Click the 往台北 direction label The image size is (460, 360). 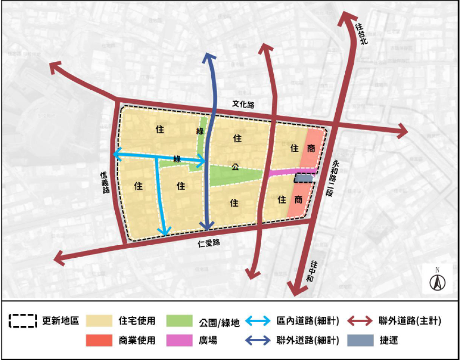coord(361,34)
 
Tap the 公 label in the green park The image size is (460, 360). coord(235,168)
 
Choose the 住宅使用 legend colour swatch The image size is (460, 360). coord(99,321)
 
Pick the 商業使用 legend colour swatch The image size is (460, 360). coord(99,340)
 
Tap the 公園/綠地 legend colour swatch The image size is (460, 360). coord(179,321)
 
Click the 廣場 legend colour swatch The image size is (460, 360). coord(179,340)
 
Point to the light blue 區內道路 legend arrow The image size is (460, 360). coord(259,321)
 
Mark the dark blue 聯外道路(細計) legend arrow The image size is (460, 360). coord(259,340)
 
